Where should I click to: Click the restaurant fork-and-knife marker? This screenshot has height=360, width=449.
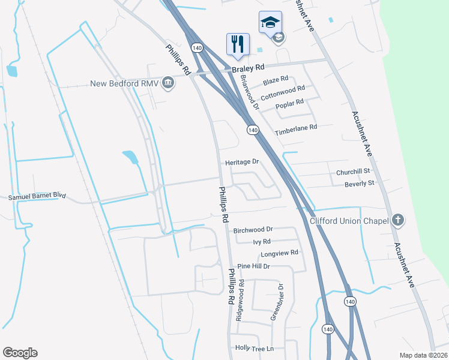click(x=238, y=44)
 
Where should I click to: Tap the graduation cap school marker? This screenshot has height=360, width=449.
click(x=270, y=23)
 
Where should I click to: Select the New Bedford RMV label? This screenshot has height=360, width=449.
click(x=124, y=83)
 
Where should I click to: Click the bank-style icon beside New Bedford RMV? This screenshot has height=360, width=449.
click(x=169, y=83)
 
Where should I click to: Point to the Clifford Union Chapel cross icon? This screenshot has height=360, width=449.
click(x=397, y=220)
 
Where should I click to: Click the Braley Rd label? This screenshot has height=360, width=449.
click(x=248, y=69)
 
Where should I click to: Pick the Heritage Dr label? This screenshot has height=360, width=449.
click(x=242, y=162)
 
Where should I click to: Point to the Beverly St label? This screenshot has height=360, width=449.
click(x=360, y=183)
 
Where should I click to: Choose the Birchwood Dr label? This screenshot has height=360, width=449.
click(x=253, y=229)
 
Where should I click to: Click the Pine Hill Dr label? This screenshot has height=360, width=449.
click(x=254, y=266)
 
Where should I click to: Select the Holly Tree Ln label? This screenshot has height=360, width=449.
click(x=255, y=348)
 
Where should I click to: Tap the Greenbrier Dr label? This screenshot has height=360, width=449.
click(x=277, y=302)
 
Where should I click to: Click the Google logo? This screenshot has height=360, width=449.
click(x=20, y=353)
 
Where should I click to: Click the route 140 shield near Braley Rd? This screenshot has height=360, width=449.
click(x=197, y=47)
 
